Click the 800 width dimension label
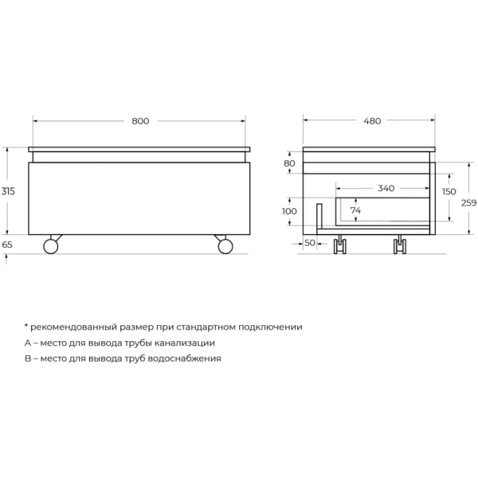(139, 121)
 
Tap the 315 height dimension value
(8, 191)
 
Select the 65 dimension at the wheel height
(8, 245)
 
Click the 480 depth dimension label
(372, 121)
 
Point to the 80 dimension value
(289, 163)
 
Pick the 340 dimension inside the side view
(386, 189)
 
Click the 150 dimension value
(449, 191)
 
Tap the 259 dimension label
(468, 203)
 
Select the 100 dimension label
(289, 211)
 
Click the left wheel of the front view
(51, 245)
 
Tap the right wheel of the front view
(225, 245)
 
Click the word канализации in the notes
(183, 343)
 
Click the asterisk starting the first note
(25, 326)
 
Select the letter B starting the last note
(28, 358)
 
